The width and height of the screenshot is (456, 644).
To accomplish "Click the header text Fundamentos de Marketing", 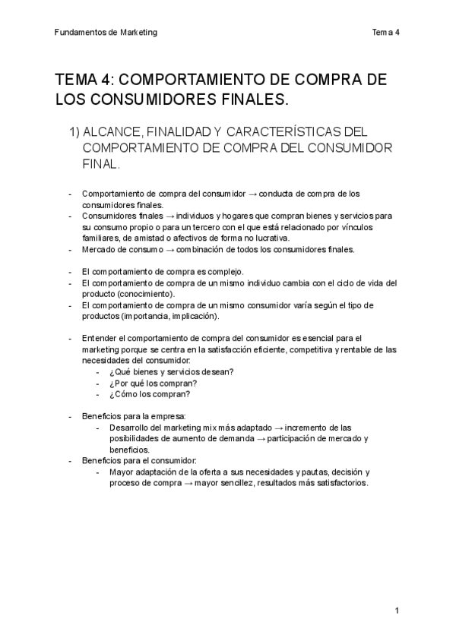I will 106,32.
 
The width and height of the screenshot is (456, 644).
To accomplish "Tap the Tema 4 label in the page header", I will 385,32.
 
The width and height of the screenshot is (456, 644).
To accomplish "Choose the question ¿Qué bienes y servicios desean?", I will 171,371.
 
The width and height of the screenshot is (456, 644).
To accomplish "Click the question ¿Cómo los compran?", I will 149,394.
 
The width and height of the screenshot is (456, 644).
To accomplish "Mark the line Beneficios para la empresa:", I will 133,416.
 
